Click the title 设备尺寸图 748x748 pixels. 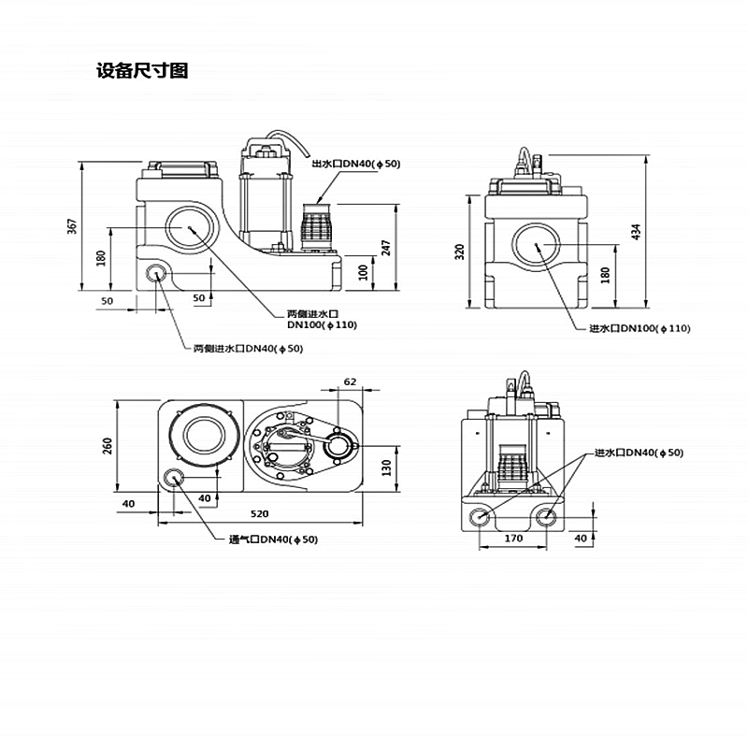pos(142,71)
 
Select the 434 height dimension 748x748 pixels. pos(638,231)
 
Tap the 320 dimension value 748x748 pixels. pos(460,252)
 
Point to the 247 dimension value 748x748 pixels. pos(385,247)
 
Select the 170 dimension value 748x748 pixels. pos(513,539)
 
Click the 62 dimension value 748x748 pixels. pos(351,381)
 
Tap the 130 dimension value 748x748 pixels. pos(385,467)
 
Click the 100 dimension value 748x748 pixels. pos(364,271)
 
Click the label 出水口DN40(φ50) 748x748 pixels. pos(355,165)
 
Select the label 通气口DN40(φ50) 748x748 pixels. pos(273,539)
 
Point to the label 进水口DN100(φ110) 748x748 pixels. pos(640,328)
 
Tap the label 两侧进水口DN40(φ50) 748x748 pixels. pos(248,349)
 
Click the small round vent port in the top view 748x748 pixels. pos(174,479)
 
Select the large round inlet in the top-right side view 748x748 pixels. pos(538,245)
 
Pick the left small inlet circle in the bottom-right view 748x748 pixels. pos(480,517)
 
